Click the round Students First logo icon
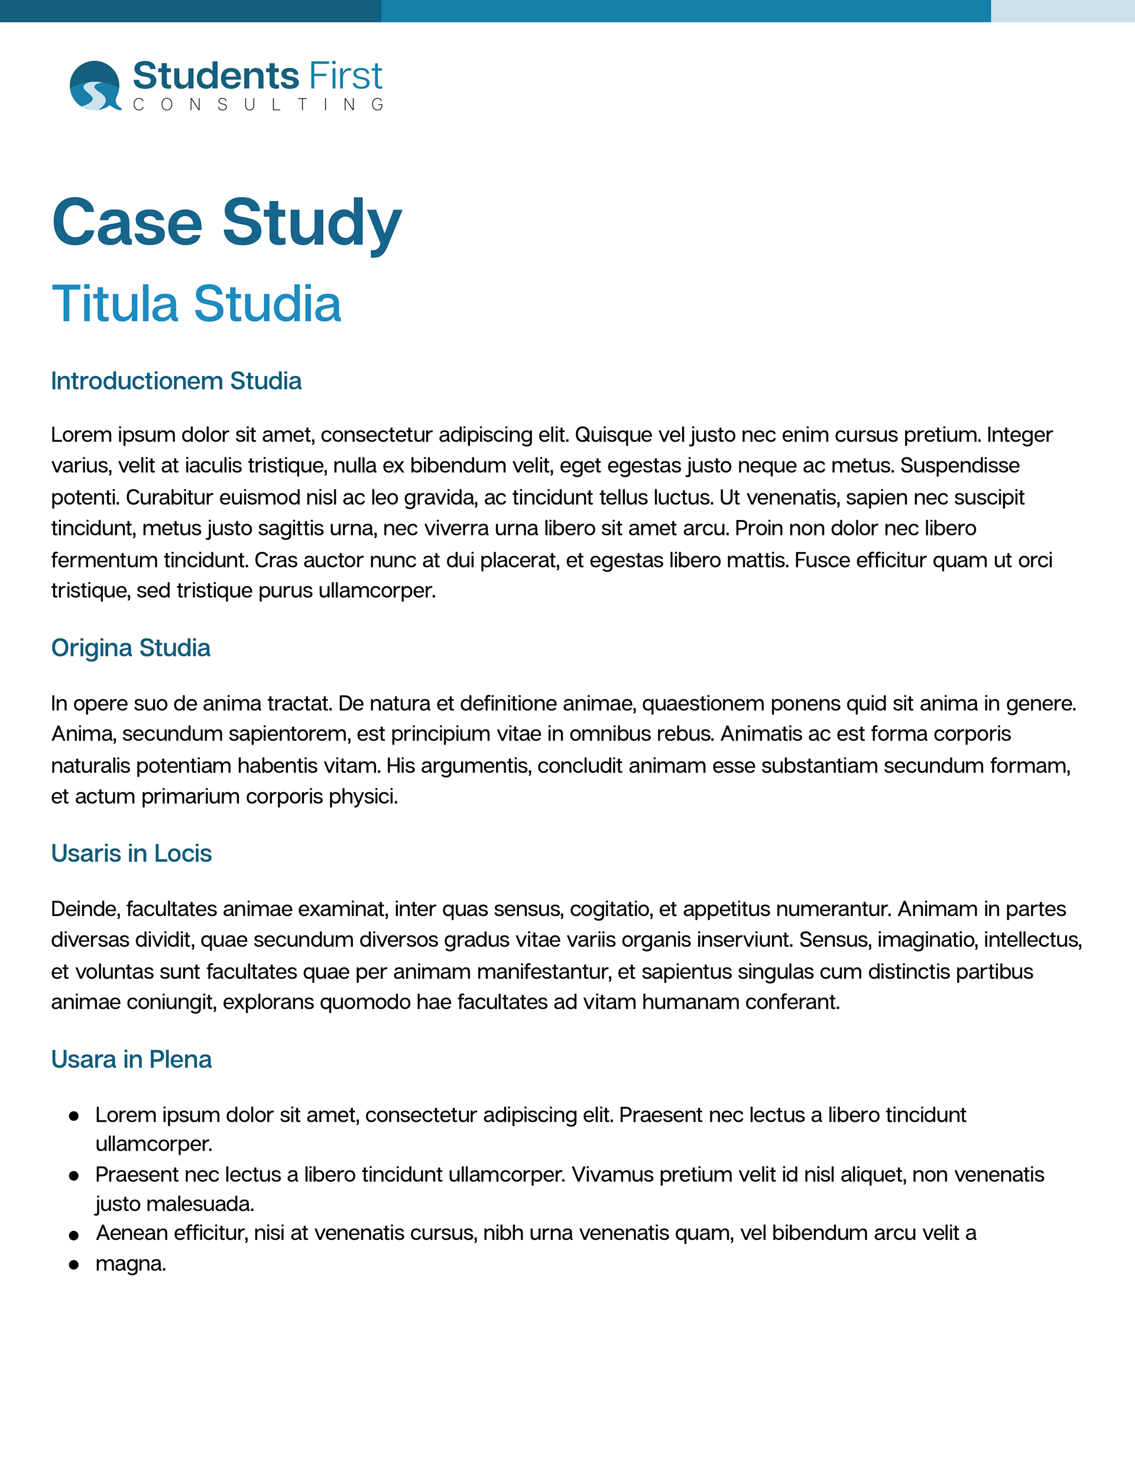click(x=95, y=86)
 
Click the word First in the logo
click(x=345, y=76)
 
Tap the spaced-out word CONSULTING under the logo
click(x=258, y=105)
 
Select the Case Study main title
click(x=227, y=223)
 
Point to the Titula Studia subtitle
click(x=196, y=304)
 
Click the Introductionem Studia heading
click(x=176, y=381)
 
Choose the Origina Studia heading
click(x=131, y=648)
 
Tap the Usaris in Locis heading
click(x=131, y=853)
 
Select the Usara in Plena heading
click(x=131, y=1059)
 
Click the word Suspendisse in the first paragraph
click(x=959, y=466)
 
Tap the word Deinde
click(x=85, y=909)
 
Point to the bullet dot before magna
click(x=74, y=1265)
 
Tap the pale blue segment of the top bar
click(x=1062, y=11)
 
